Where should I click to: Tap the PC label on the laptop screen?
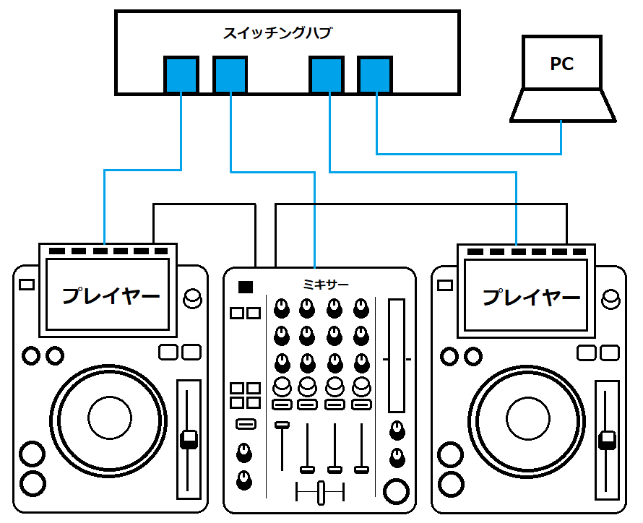[561, 64]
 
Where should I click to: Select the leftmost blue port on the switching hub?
[181, 75]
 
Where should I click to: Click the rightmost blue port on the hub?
[375, 75]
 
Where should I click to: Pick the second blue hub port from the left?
[230, 75]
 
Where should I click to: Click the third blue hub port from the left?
[327, 75]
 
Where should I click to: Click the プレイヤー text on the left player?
[110, 296]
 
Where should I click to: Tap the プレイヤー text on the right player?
[531, 297]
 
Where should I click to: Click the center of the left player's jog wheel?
[105, 418]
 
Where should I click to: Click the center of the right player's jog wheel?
[528, 418]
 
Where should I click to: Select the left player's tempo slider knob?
[189, 439]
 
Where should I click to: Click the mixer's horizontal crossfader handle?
[321, 493]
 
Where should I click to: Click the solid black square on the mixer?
[246, 288]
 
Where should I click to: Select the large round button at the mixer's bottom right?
[397, 491]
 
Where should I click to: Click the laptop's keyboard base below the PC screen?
[563, 105]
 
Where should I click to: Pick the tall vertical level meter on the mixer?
[397, 355]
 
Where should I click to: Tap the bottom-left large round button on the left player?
[32, 483]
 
